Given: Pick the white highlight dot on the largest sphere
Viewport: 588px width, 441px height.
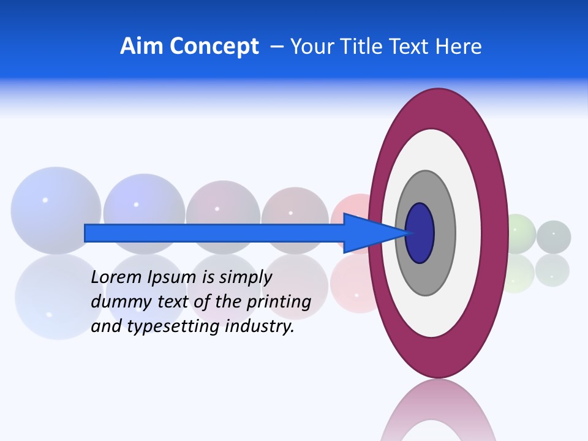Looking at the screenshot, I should pos(45,200).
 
